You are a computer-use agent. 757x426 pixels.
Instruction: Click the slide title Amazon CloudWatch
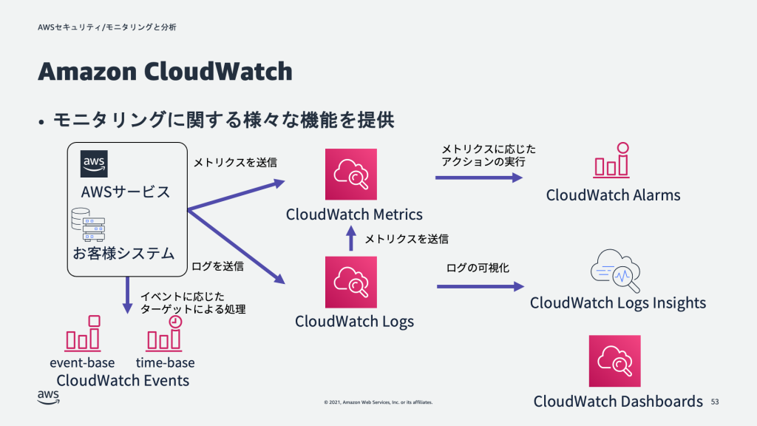click(165, 72)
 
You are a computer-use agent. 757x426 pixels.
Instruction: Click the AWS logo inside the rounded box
click(95, 164)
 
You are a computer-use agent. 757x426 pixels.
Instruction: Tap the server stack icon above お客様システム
click(88, 225)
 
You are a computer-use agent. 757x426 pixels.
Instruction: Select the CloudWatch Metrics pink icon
click(351, 175)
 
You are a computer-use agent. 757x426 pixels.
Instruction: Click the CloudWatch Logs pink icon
click(351, 282)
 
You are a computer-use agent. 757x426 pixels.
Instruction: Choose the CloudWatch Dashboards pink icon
click(614, 361)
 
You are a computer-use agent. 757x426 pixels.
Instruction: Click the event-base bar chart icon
click(83, 334)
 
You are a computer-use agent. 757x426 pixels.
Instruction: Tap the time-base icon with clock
click(165, 334)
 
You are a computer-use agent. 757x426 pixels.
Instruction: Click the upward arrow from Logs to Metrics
click(351, 239)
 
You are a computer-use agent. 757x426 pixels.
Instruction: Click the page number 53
click(715, 402)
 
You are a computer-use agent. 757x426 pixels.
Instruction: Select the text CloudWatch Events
click(123, 381)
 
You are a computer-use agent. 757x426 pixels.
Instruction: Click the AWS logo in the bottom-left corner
click(49, 398)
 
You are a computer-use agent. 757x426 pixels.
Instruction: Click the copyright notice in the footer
click(378, 403)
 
